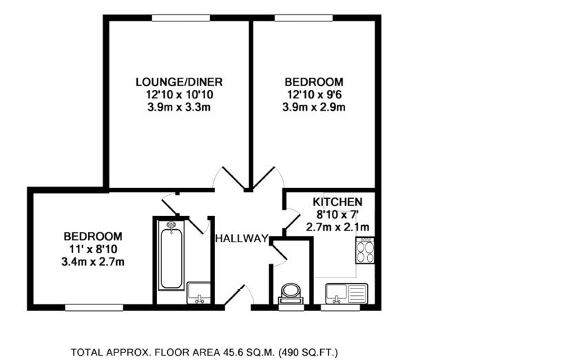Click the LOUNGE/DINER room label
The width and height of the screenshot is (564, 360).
click(x=179, y=82)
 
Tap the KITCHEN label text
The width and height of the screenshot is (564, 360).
click(x=337, y=202)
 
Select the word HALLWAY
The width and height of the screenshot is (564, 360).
click(x=242, y=238)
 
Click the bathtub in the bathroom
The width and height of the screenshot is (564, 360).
click(x=171, y=255)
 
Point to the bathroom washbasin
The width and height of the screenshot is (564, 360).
click(x=199, y=293)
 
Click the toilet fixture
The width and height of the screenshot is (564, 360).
click(x=291, y=294)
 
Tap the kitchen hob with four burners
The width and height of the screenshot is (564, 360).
click(x=365, y=251)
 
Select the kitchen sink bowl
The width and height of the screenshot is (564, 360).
click(x=336, y=293)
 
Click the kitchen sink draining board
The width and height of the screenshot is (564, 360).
click(x=357, y=293)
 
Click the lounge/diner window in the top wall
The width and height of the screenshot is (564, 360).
click(x=181, y=18)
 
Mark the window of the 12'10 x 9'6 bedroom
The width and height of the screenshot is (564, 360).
click(x=304, y=18)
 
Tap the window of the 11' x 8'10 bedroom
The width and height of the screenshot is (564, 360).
click(x=94, y=308)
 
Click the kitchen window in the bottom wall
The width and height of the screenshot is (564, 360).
click(x=340, y=308)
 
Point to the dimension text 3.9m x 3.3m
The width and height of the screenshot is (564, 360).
click(x=179, y=107)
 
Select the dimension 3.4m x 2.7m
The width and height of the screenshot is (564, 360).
click(x=93, y=262)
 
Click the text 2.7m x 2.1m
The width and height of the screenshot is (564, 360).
click(x=337, y=227)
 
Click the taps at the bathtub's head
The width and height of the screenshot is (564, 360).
click(x=171, y=225)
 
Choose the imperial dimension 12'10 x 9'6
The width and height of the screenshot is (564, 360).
click(x=314, y=94)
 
